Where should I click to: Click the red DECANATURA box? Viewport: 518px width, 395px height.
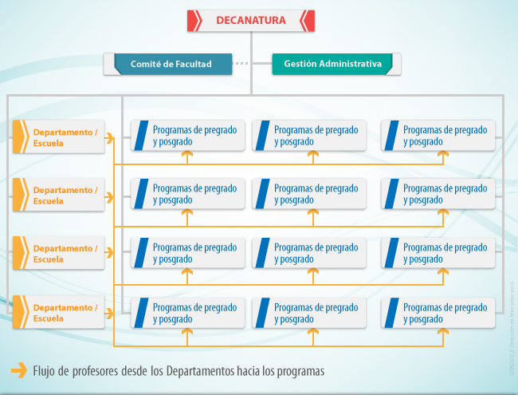click(250, 21)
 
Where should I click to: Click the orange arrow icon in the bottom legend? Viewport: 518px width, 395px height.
click(18, 369)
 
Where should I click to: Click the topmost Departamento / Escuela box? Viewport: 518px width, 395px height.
click(59, 137)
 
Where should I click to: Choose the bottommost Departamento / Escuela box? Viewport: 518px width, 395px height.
click(59, 313)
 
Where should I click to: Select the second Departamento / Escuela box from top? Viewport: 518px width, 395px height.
click(59, 196)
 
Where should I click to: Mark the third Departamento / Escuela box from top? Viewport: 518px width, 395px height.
click(59, 254)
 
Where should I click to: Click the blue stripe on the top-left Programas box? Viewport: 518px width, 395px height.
click(143, 135)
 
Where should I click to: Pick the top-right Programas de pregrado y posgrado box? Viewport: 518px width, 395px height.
click(438, 135)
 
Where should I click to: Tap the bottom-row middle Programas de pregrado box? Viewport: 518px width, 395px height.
click(309, 312)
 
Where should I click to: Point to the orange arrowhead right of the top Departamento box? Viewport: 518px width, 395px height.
click(111, 138)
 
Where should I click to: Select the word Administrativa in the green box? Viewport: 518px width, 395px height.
click(351, 64)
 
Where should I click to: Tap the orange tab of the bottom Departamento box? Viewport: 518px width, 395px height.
click(19, 313)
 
